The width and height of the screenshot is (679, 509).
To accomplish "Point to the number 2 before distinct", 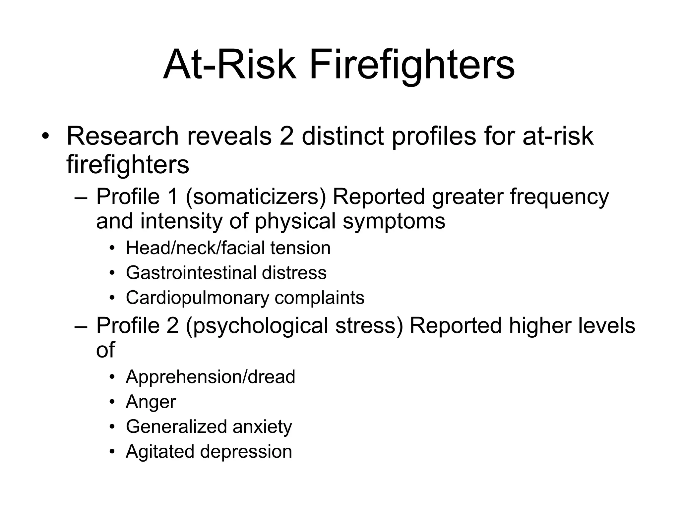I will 286,136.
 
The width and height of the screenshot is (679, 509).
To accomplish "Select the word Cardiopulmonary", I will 197,298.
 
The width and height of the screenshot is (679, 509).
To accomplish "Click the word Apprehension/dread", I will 210,377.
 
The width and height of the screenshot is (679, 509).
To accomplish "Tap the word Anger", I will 151,402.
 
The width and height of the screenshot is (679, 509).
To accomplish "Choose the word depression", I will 246,451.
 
